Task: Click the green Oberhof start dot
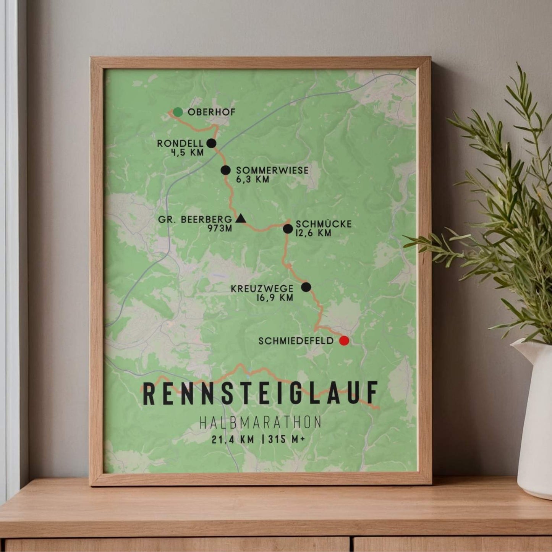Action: [178, 112]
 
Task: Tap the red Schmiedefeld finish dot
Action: [344, 341]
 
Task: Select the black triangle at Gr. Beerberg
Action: [240, 219]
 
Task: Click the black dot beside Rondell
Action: [211, 143]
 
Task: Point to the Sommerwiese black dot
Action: [226, 170]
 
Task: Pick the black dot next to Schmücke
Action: [288, 229]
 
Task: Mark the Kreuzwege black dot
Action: [306, 287]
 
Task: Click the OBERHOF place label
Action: [212, 112]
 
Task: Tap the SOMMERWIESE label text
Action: [272, 170]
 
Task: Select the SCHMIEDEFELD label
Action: [296, 341]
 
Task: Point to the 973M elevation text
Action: [220, 228]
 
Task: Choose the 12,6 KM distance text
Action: [313, 233]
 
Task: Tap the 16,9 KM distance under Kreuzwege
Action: [275, 298]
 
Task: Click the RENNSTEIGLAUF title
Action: [261, 393]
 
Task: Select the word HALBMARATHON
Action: [261, 422]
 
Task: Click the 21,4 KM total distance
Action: [233, 439]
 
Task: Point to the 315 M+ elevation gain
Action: [287, 439]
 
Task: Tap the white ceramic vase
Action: [535, 420]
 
